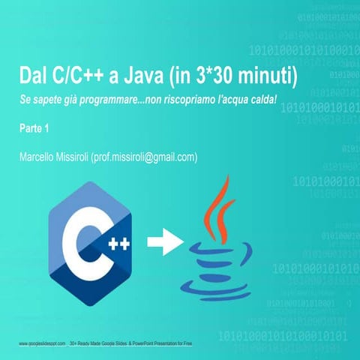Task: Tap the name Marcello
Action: [39, 157]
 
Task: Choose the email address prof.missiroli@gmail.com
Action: [149, 157]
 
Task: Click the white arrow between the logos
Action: [163, 242]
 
